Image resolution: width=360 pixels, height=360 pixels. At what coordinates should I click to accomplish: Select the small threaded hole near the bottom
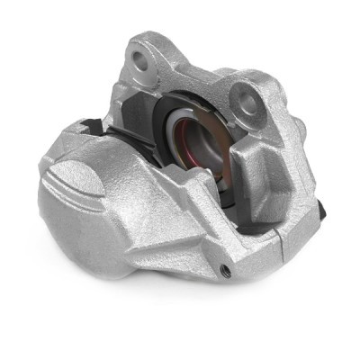[224, 269]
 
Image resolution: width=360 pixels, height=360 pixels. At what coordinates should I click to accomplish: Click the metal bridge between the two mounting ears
[193, 76]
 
